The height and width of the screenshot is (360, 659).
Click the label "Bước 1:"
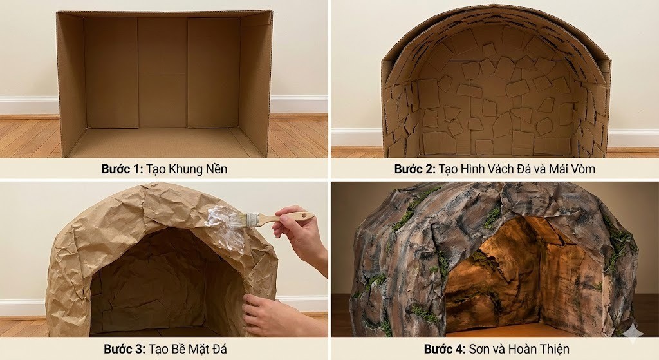click(122, 169)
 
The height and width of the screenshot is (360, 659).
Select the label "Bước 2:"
click(414, 169)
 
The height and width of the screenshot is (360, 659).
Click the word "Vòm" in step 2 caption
click(581, 169)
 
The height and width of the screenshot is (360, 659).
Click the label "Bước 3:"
click(125, 349)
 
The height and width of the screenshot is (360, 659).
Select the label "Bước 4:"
click(445, 349)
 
